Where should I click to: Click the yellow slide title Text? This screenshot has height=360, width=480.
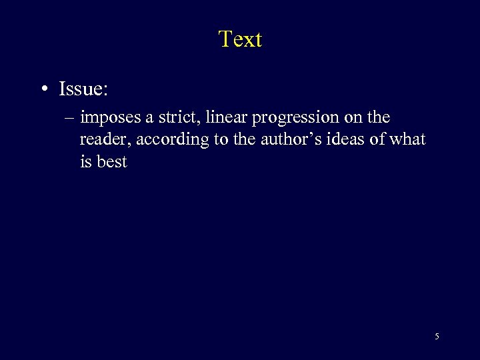point(240,39)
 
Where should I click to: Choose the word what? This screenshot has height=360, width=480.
point(407,139)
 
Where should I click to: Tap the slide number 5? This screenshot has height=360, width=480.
point(437,337)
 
